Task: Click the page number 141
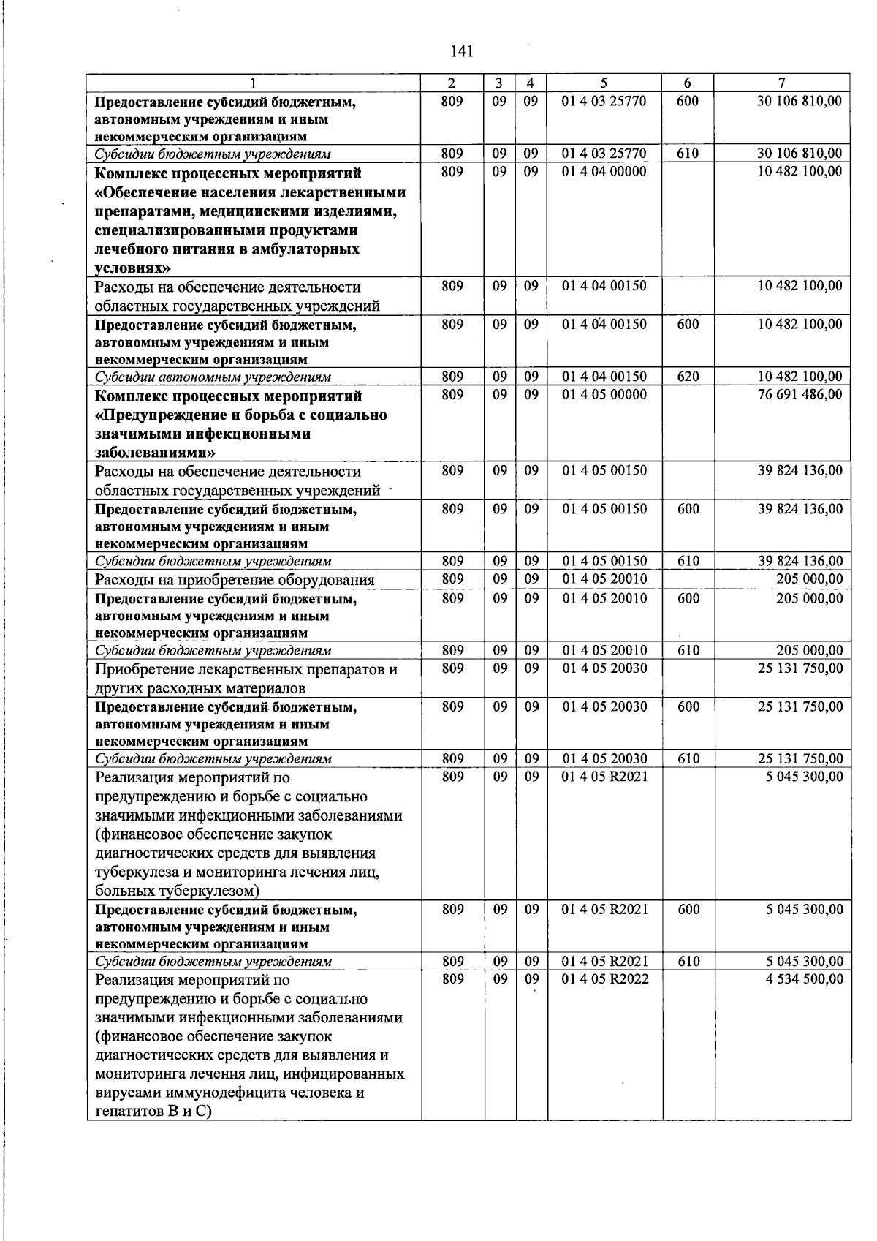tap(461, 51)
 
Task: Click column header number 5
tap(604, 83)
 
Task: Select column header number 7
tap(781, 83)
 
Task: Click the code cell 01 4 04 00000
tap(604, 172)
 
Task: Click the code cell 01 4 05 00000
tap(604, 394)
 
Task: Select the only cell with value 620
tap(688, 377)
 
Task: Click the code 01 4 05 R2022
tap(604, 979)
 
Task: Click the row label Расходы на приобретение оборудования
tap(235, 580)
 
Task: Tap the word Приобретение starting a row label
tap(140, 669)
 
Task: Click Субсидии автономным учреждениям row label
tap(213, 377)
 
